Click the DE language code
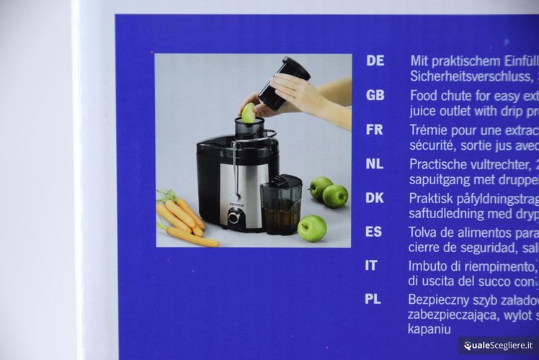click(x=375, y=61)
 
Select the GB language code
click(x=375, y=95)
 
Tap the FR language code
click(x=375, y=130)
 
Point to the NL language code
click(x=375, y=163)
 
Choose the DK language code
click(x=375, y=198)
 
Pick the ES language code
click(x=374, y=232)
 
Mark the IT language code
click(x=371, y=266)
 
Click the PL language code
click(x=373, y=299)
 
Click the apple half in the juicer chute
click(x=249, y=113)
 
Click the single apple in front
click(x=312, y=228)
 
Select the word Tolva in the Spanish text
click(x=425, y=232)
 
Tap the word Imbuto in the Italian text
click(x=430, y=266)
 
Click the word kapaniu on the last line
click(x=429, y=329)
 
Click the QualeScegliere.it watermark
click(x=498, y=346)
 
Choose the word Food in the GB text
click(x=424, y=95)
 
